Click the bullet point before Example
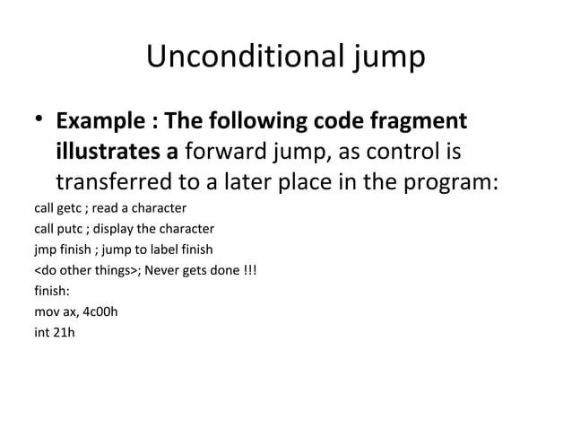[x=39, y=122]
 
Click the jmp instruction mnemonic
[x=45, y=250]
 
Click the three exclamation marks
[x=249, y=270]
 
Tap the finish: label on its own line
[x=52, y=291]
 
